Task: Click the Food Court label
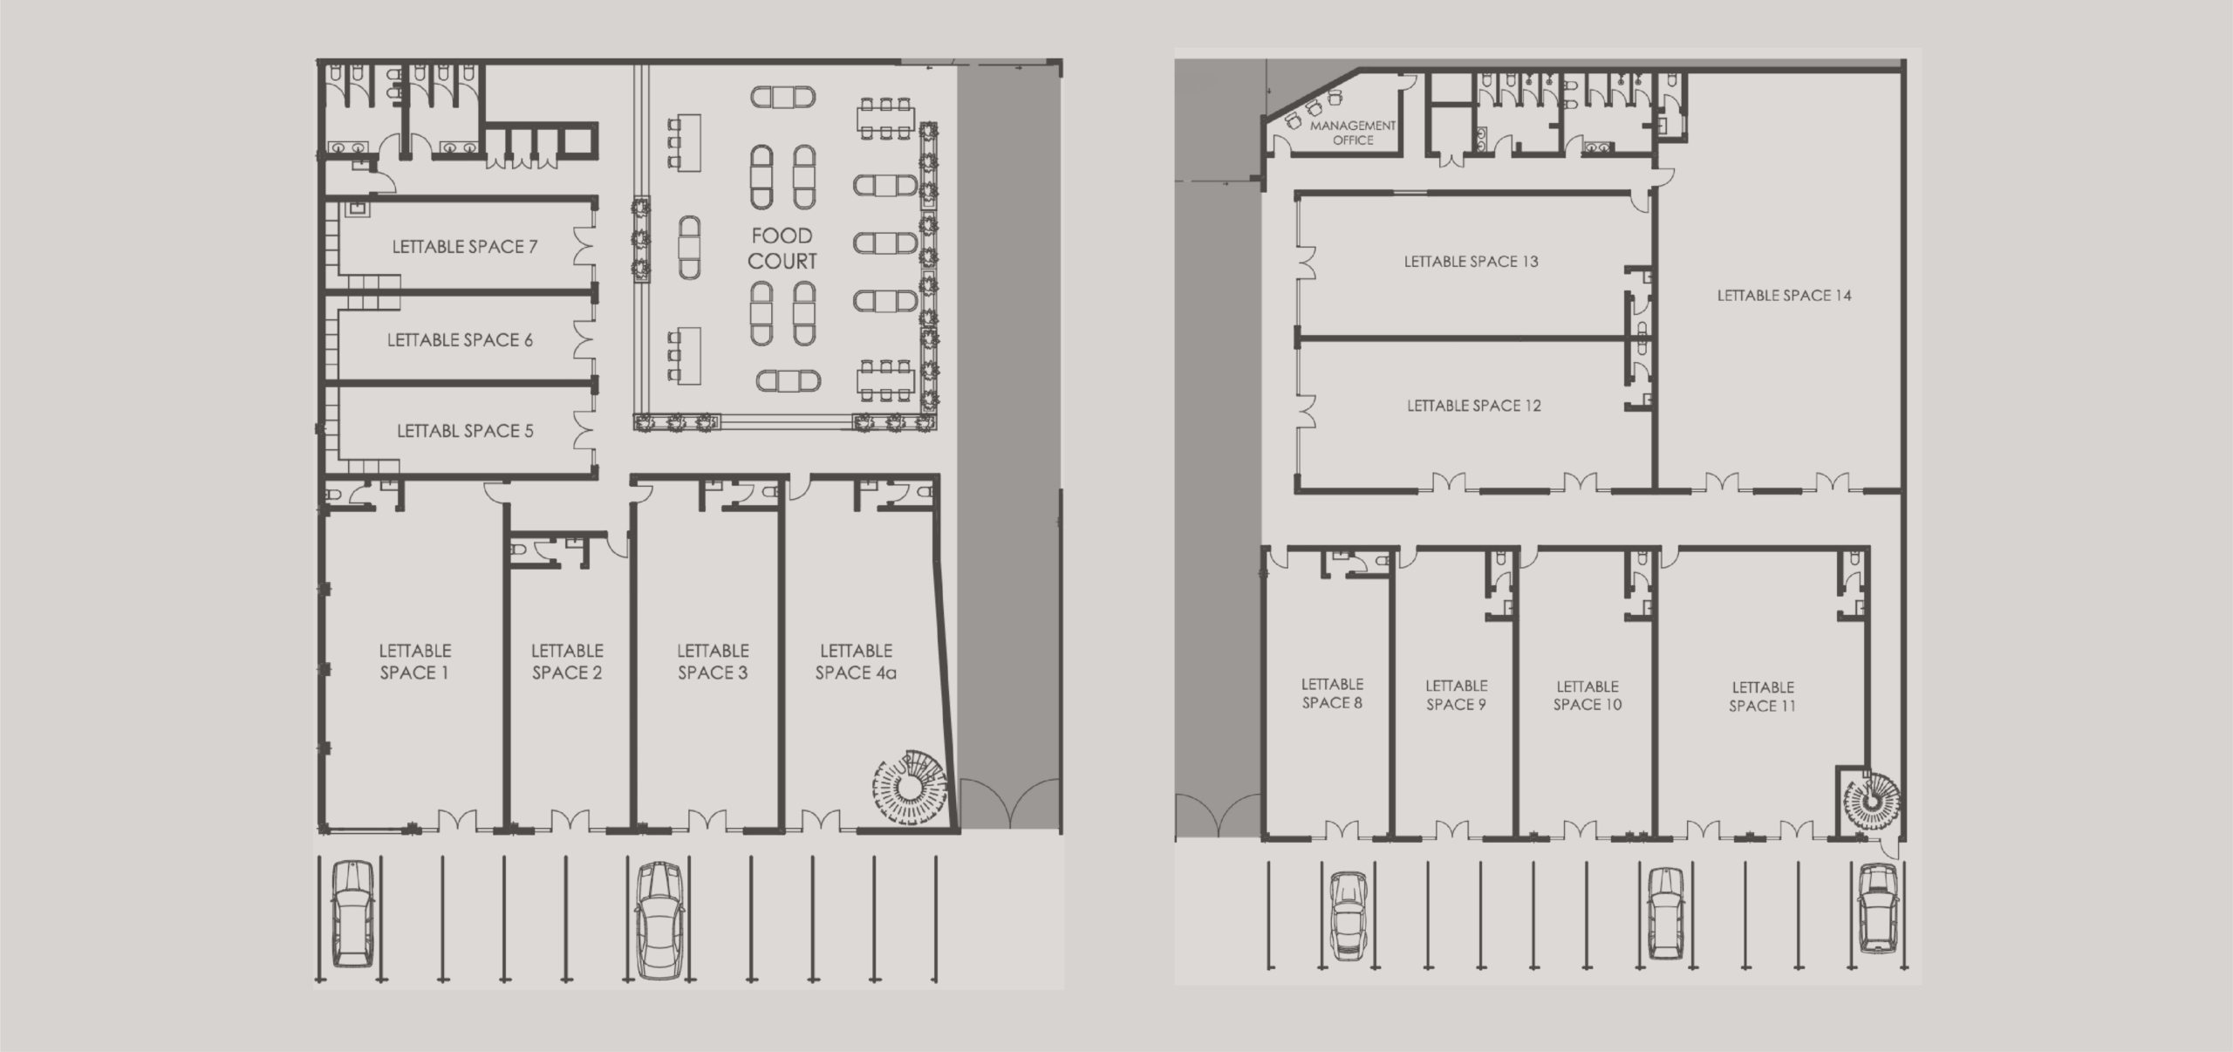[782, 249]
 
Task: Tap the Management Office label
[1353, 133]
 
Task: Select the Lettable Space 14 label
[1784, 296]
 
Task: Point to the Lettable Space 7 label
[464, 247]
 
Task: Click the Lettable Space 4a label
[856, 661]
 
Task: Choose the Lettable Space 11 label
[1762, 697]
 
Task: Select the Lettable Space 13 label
[1471, 262]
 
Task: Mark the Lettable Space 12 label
[1473, 406]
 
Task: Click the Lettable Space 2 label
[567, 661]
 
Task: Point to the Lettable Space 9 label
[1456, 695]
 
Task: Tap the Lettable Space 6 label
[460, 340]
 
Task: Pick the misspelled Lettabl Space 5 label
[465, 431]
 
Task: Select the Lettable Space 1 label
[414, 661]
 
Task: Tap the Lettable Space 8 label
[1332, 693]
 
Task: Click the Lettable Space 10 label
[1588, 695]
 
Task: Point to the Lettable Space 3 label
[713, 661]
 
